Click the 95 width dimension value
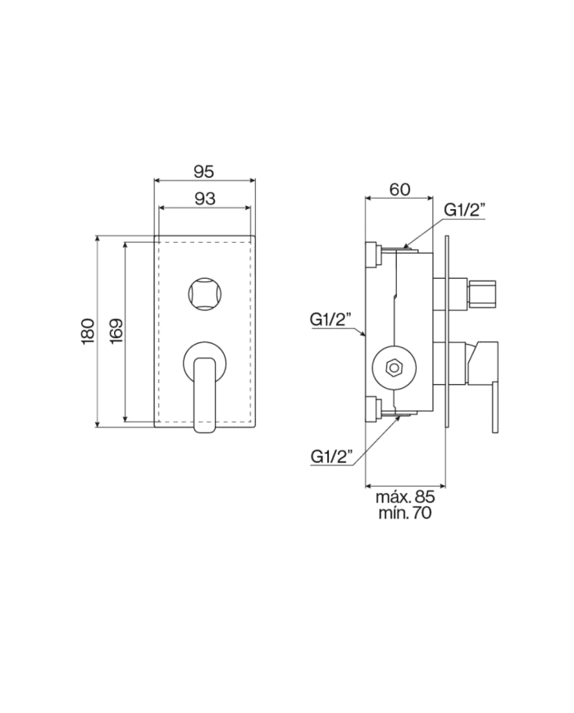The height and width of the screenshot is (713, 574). [203, 171]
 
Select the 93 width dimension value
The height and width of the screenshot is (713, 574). [205, 199]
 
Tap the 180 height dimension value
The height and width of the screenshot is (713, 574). [88, 331]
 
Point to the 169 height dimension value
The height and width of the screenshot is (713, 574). [116, 331]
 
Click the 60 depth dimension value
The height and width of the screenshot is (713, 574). [400, 190]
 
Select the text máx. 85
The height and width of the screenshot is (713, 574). [405, 496]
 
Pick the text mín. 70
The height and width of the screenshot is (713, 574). [404, 513]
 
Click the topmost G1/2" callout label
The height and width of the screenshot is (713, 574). [464, 210]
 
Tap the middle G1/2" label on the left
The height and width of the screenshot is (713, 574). [330, 320]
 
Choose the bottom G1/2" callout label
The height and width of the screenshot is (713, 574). [332, 456]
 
